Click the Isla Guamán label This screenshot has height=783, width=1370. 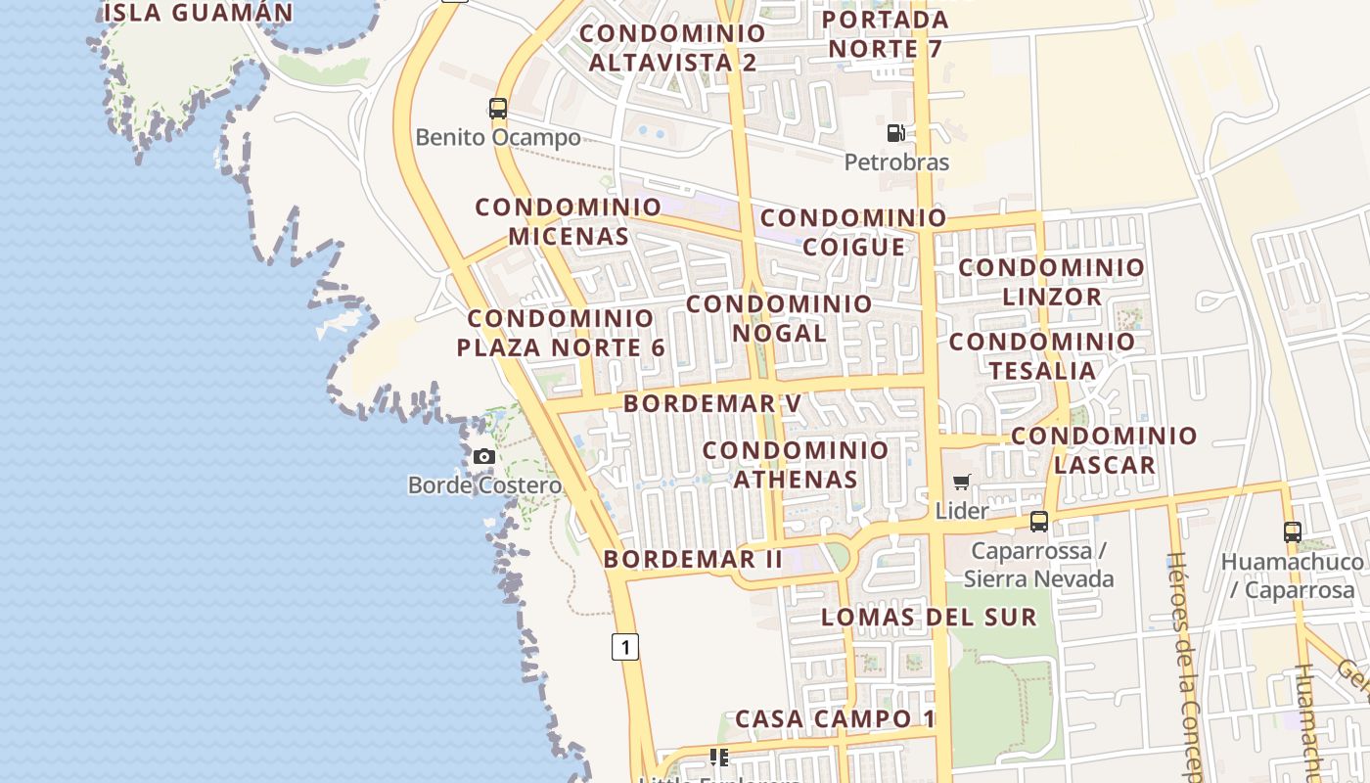(198, 13)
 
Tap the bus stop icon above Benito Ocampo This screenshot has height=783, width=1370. (498, 108)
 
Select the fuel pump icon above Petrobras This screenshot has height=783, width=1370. (895, 132)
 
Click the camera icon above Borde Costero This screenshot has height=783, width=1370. (483, 456)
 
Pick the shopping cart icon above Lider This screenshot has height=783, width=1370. (962, 482)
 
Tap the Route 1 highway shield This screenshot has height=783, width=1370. (625, 646)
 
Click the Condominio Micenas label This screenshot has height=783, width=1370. (569, 221)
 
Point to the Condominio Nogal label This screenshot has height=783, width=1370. (779, 318)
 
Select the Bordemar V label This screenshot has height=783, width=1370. (712, 403)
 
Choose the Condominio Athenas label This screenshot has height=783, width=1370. (796, 465)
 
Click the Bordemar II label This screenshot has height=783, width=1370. (693, 559)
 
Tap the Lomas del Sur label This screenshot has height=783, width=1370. (928, 617)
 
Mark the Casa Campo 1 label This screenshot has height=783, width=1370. (835, 718)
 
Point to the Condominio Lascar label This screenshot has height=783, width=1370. (1105, 450)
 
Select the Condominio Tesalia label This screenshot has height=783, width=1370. (1042, 356)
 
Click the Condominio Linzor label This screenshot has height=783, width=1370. (1051, 282)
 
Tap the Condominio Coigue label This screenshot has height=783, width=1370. (853, 232)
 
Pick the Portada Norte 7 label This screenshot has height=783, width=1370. (885, 33)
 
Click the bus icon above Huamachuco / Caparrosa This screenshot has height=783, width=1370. (1293, 532)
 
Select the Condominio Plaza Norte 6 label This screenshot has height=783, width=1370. (561, 333)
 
